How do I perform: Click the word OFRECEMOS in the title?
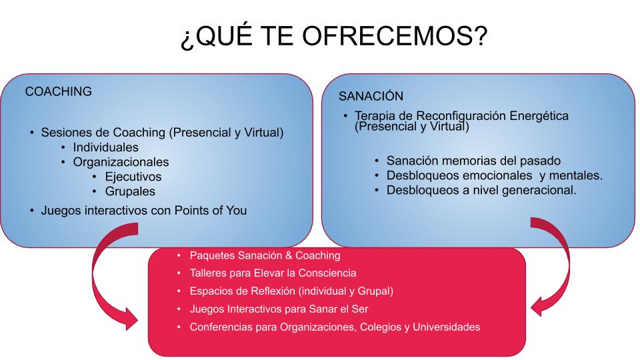395,35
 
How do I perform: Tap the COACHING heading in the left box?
59,91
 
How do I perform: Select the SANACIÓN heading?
371,96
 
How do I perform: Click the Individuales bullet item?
106,147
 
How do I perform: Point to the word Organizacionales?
121,162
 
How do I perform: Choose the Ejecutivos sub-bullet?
133,177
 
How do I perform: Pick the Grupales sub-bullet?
130,191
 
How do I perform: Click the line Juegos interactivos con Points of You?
144,211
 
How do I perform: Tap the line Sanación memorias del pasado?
473,161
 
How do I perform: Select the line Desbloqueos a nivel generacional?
481,190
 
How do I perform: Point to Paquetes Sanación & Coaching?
265,255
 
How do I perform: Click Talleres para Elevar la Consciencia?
273,273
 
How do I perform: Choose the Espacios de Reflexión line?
291,291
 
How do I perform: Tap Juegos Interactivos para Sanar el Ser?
279,309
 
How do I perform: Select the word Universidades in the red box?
447,327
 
